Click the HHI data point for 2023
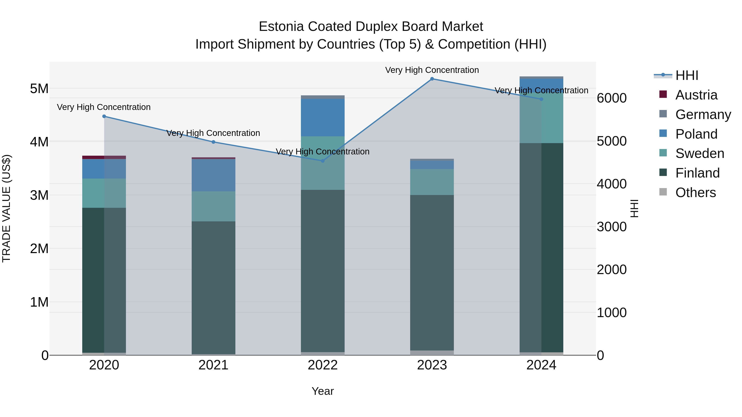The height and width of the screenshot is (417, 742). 432,79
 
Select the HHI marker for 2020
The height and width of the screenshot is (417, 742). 104,116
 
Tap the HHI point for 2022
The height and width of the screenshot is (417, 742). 323,161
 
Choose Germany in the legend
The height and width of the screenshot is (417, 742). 703,114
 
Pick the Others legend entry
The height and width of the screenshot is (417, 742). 695,193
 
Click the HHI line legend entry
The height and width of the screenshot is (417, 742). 687,75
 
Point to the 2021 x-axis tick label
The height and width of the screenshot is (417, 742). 214,365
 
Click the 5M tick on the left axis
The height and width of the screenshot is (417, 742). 39,89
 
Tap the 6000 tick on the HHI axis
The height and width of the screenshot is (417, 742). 612,98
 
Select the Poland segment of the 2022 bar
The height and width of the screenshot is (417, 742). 323,117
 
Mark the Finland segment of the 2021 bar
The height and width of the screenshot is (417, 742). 214,288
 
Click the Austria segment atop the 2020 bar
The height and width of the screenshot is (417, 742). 104,157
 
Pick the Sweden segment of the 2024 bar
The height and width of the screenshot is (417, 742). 541,118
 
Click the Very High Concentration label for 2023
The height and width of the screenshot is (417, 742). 432,70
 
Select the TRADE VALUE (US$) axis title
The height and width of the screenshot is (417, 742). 7,208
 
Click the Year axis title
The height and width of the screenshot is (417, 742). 323,391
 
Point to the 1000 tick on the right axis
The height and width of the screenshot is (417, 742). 612,313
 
